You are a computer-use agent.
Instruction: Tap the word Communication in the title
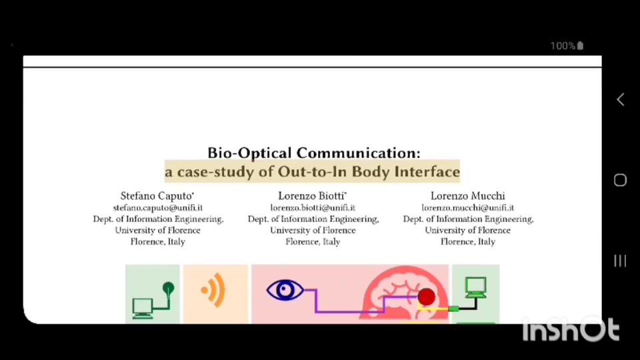point(358,153)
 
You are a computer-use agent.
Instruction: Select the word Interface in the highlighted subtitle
point(427,172)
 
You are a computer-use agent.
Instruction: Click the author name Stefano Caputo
point(157,196)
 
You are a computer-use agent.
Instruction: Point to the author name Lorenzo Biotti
point(312,196)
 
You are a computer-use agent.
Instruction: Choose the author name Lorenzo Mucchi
point(468,196)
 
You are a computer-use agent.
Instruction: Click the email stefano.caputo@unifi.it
point(158,208)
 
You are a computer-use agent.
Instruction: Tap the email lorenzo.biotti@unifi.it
point(313,208)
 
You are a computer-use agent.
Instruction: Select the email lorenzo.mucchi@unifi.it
point(468,208)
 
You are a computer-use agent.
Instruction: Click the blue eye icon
point(285,290)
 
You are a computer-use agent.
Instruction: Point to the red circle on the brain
point(426,297)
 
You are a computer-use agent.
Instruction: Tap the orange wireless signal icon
point(214,290)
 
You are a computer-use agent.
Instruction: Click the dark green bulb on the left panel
point(168,289)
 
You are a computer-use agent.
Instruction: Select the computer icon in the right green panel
point(476,287)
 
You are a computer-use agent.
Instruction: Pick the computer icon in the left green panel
point(143,308)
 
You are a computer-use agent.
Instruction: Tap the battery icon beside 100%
point(581,46)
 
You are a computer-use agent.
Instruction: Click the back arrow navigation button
point(621,99)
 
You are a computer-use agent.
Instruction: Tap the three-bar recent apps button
point(620,261)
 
